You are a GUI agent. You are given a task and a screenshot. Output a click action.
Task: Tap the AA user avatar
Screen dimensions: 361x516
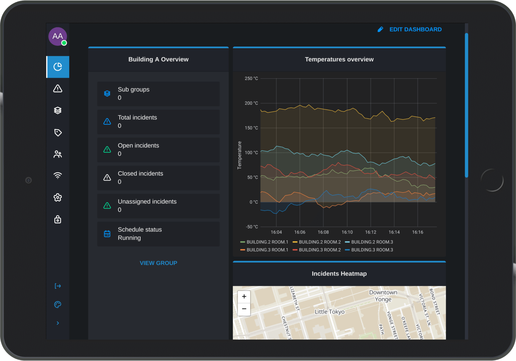click(57, 36)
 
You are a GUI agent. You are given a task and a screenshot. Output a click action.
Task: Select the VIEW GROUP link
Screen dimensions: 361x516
click(158, 263)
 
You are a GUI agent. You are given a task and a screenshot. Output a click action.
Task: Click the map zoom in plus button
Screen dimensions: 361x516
click(244, 296)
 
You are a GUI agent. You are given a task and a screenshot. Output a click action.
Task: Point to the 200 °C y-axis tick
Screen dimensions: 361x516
click(251, 103)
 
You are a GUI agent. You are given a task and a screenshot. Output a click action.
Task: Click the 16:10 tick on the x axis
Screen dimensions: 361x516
click(347, 232)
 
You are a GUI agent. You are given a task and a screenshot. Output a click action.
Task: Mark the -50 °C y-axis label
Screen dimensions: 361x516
click(252, 227)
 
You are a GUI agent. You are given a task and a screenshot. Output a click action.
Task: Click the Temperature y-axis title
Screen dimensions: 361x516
click(239, 155)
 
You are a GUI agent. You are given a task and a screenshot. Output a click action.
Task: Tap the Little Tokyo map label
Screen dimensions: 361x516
click(329, 312)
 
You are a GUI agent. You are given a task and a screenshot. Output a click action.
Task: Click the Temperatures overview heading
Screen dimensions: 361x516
click(339, 59)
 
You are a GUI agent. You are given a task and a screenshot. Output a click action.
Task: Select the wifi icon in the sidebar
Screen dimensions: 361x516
click(58, 175)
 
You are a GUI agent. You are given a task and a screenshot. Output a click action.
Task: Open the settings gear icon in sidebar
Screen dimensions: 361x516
click(58, 198)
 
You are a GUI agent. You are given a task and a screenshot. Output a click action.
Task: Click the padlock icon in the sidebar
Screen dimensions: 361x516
click(58, 219)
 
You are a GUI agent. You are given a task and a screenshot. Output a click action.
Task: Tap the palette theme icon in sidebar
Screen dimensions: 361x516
click(58, 305)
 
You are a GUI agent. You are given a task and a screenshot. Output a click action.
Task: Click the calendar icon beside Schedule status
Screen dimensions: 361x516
click(107, 234)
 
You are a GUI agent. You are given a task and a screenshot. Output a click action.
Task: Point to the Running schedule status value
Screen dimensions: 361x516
click(129, 238)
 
